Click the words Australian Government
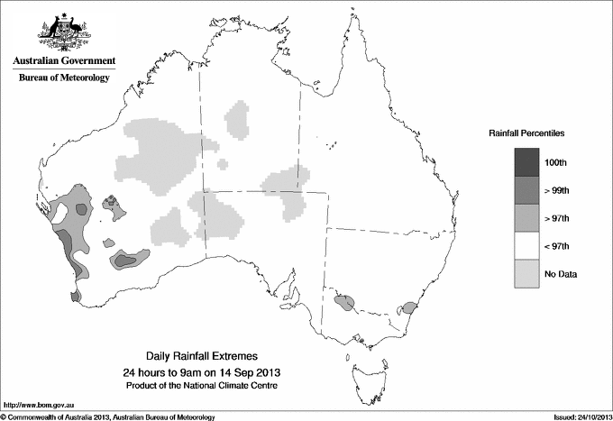pyautogui.click(x=64, y=61)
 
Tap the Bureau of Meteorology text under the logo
pyautogui.click(x=64, y=78)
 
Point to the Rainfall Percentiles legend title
pyautogui.click(x=526, y=133)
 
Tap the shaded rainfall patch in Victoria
pyautogui.click(x=344, y=303)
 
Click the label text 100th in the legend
pyautogui.click(x=557, y=162)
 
